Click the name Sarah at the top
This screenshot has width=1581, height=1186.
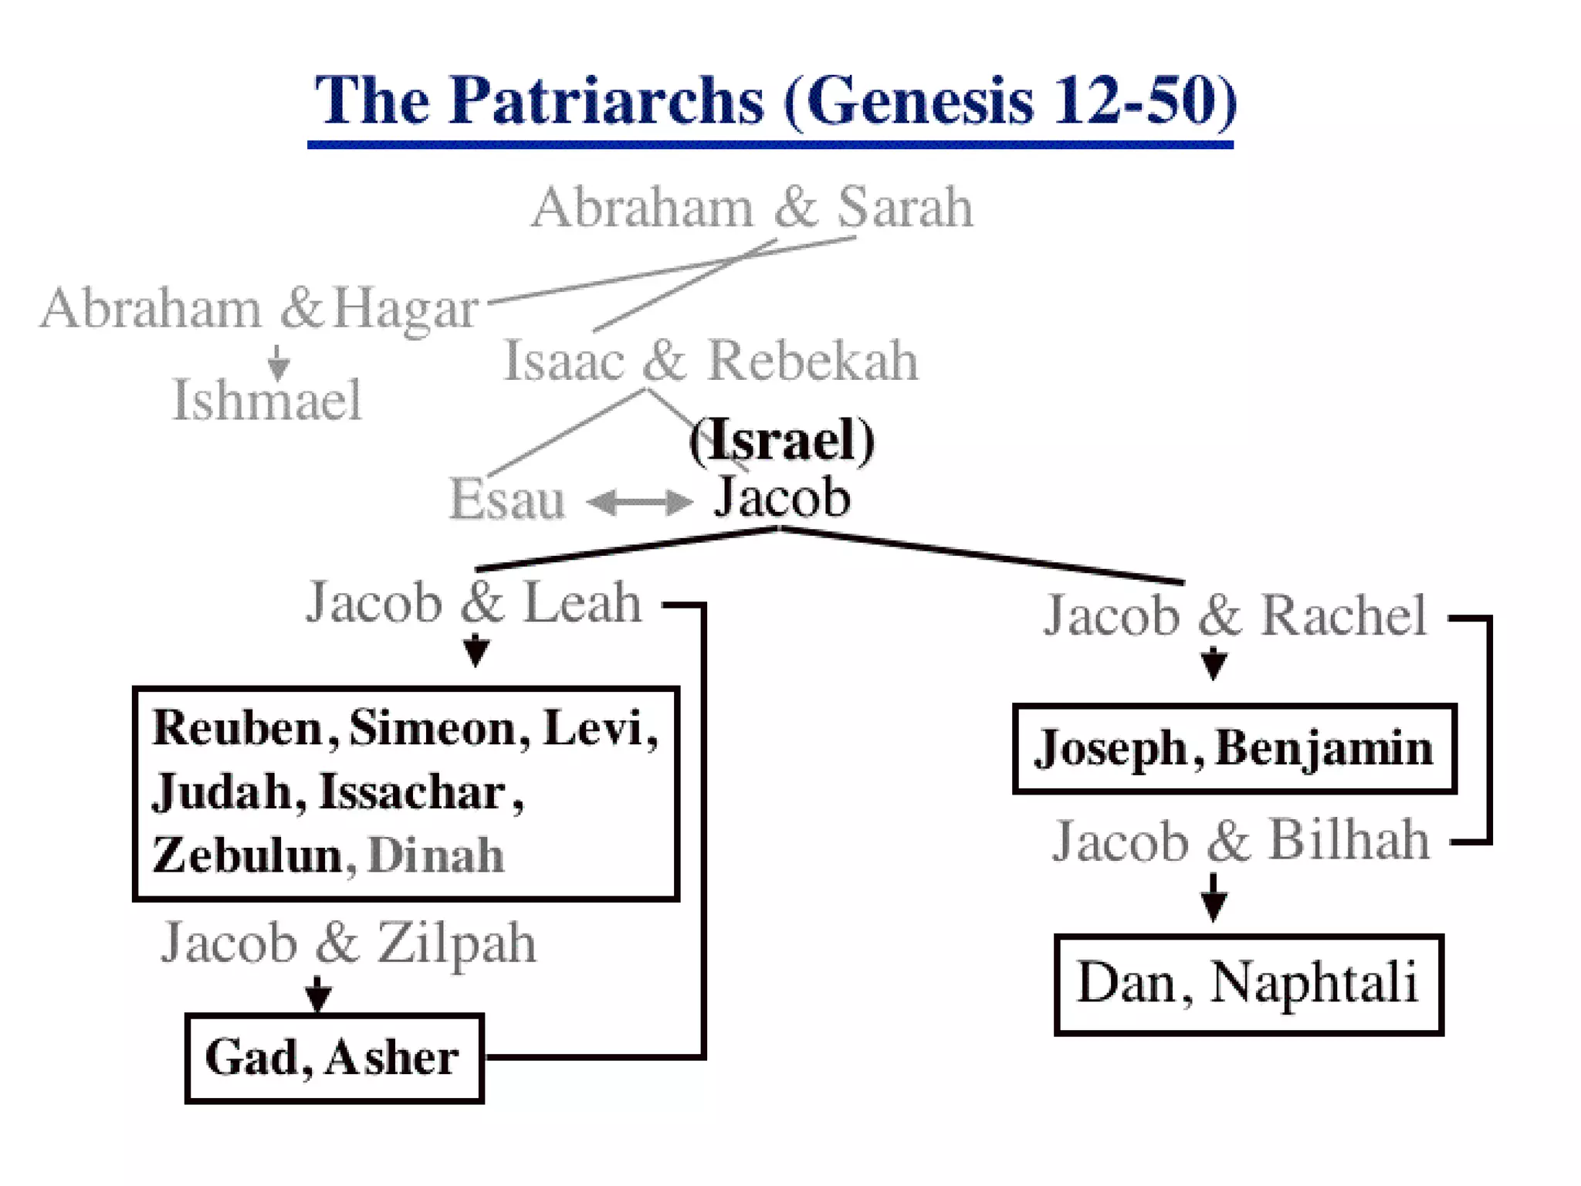coord(905,208)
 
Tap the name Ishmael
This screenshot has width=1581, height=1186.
coord(266,400)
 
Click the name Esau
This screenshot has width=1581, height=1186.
coord(507,500)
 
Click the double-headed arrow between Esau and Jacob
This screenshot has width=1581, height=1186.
coord(639,503)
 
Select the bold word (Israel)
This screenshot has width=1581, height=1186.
coord(781,440)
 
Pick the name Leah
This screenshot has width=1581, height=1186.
coord(583,603)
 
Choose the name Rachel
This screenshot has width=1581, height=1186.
coord(1343,616)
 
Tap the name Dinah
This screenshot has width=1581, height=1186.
coord(436,856)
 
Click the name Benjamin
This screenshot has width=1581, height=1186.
coord(1324,748)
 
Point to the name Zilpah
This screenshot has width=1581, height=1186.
coord(456,944)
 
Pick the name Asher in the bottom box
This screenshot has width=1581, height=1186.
coord(391,1058)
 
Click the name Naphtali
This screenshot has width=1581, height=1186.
coord(1314,983)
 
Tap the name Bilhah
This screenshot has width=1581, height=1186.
coord(1349,840)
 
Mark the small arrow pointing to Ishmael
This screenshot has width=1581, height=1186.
coord(279,362)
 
